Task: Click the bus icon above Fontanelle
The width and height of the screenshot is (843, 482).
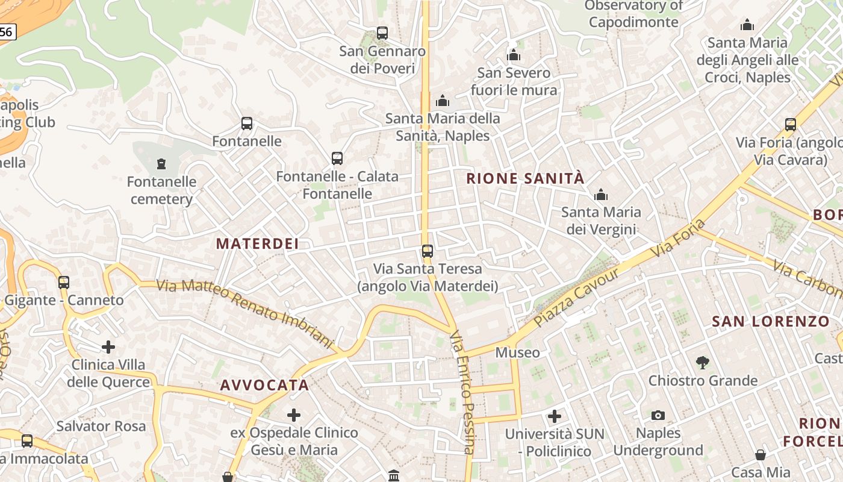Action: tap(247, 124)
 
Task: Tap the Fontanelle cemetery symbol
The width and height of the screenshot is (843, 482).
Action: tap(161, 163)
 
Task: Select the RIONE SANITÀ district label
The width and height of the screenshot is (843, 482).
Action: tap(525, 178)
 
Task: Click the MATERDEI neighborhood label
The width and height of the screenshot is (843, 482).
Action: tap(258, 243)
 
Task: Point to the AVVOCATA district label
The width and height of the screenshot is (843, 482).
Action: tap(264, 385)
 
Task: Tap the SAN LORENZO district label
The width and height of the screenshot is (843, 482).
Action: tap(771, 322)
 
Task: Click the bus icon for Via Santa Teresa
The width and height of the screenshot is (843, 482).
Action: tap(428, 251)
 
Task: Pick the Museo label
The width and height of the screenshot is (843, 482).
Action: tap(518, 352)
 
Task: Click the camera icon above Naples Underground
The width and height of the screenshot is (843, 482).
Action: tap(658, 415)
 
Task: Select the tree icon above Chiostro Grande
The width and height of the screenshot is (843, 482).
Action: tap(702, 362)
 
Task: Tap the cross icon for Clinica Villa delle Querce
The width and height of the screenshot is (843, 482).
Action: tap(108, 347)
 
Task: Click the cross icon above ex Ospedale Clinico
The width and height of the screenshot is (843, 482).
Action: tap(294, 415)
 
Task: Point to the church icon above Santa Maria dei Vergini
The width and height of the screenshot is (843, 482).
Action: tap(600, 195)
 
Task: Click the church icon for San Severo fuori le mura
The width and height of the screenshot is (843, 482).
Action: tap(514, 55)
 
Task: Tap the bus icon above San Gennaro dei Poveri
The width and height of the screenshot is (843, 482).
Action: tap(382, 33)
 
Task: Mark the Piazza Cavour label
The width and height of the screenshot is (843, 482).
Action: tap(577, 297)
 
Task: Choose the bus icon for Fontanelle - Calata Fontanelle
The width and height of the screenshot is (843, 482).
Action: tap(337, 158)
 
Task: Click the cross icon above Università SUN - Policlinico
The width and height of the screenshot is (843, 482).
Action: tap(555, 416)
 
